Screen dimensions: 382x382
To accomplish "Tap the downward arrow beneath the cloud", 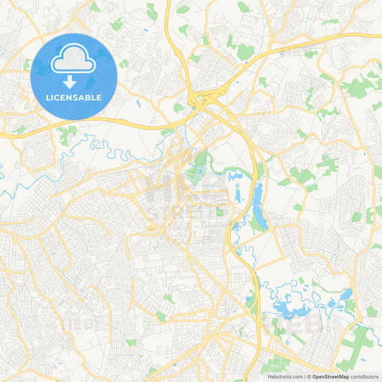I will point(70,82).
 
